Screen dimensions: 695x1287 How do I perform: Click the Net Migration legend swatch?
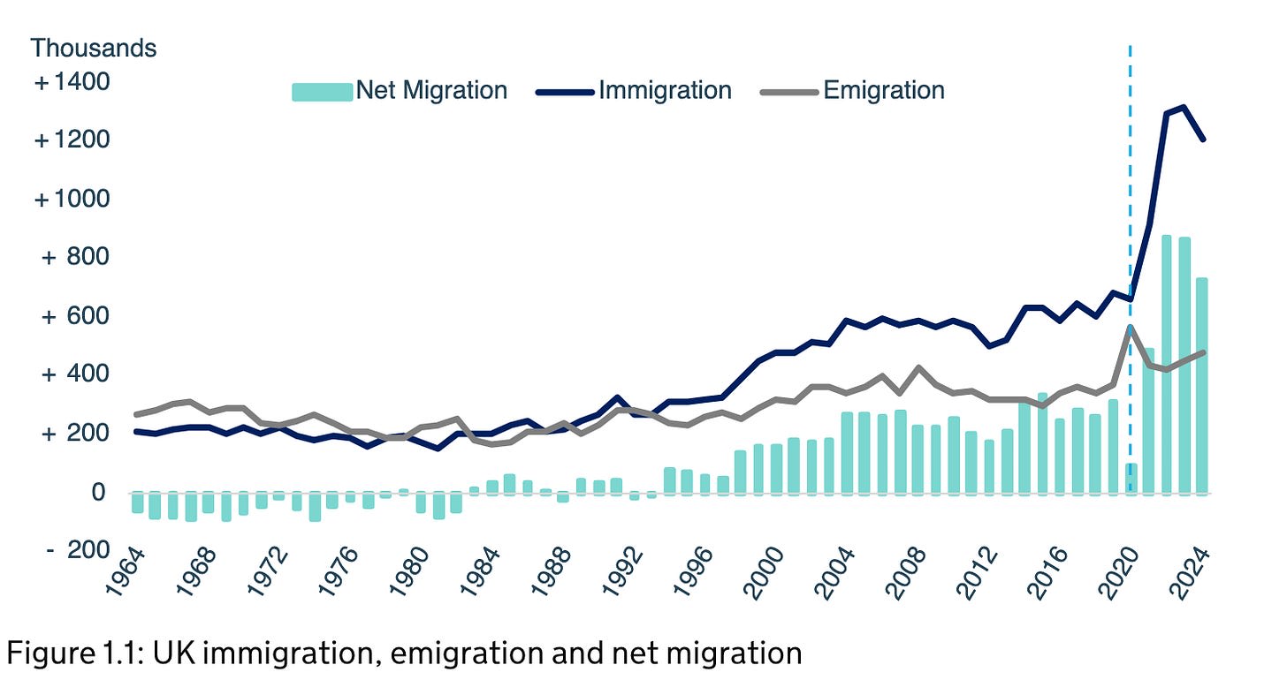[322, 91]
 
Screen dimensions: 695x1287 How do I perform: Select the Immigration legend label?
[665, 90]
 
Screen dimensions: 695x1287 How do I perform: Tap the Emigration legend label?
[883, 90]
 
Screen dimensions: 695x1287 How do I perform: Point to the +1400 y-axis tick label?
[73, 82]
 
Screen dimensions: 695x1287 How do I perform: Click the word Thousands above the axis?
[94, 48]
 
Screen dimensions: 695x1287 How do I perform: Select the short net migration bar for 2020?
[1131, 477]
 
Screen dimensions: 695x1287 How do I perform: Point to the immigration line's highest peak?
[1184, 107]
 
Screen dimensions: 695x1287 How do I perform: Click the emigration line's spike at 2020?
[1130, 328]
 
